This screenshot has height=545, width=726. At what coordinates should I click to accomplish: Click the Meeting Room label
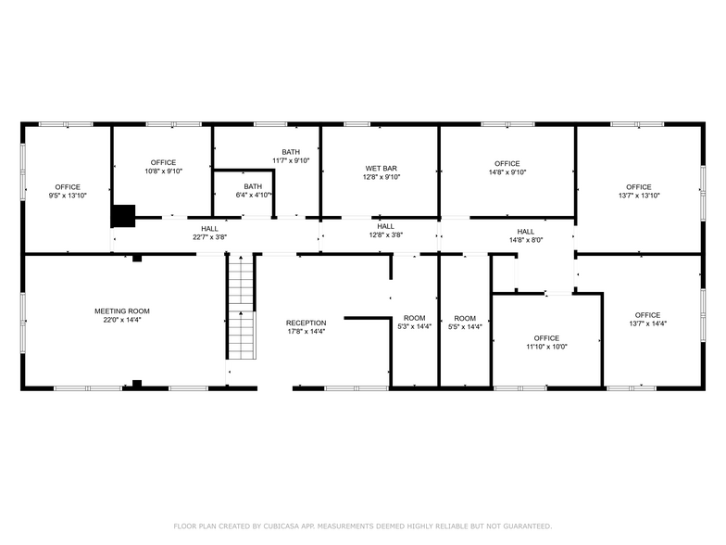click(121, 311)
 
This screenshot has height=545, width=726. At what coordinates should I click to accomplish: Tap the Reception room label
click(306, 323)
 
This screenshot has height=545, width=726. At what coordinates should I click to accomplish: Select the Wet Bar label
click(381, 169)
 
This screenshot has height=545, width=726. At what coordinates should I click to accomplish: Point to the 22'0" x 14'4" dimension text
click(121, 320)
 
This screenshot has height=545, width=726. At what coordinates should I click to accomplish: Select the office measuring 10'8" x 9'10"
click(163, 167)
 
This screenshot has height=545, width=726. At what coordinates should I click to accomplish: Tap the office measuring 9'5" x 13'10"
click(68, 191)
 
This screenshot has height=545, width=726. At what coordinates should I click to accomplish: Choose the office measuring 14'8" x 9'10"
click(507, 168)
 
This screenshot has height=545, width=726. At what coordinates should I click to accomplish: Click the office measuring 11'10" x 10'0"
click(546, 342)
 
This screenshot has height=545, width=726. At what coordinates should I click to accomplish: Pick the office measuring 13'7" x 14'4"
click(647, 319)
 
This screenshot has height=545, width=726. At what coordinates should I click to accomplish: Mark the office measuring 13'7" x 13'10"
click(638, 191)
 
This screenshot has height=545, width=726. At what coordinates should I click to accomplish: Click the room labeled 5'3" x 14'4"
click(414, 323)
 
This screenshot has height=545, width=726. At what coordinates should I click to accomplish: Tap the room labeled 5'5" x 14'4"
click(464, 323)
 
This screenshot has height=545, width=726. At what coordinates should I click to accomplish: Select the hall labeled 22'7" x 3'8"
click(209, 233)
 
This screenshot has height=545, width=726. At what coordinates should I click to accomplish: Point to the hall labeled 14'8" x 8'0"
click(525, 235)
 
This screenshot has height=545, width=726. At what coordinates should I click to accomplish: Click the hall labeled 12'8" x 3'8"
click(385, 230)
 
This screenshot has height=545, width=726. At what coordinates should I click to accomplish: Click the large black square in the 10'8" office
click(122, 215)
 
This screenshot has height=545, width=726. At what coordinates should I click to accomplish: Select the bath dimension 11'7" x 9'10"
click(291, 160)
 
